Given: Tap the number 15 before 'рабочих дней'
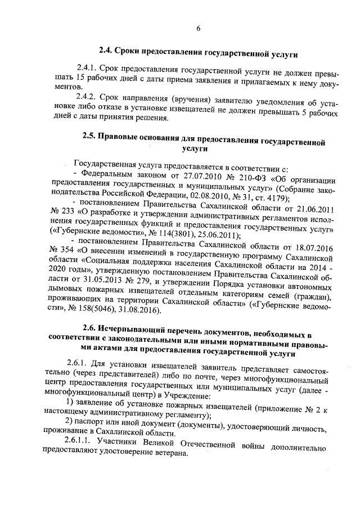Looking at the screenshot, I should click(82, 79).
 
